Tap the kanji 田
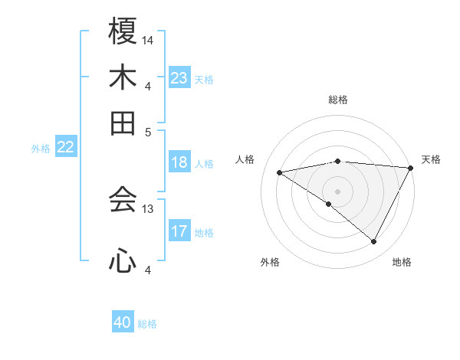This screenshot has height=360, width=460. point(123,123)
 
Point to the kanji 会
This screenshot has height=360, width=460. point(123,200)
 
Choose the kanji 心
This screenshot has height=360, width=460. point(123,261)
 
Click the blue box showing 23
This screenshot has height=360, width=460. point(179,77)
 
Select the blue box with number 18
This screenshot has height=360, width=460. point(179,162)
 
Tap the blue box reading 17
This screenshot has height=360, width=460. point(179,231)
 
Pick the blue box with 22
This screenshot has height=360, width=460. point(65,147)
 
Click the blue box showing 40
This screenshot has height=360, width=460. point(123,322)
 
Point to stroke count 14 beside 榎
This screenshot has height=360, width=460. point(149,39)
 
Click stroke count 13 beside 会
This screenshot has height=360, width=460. point(149,208)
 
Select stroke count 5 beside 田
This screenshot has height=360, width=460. point(149,131)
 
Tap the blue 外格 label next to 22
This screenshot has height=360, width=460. point(40,149)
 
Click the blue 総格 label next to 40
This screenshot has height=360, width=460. point(147,324)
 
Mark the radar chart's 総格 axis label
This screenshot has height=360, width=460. point(337,100)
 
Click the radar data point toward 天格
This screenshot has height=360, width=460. point(410,168)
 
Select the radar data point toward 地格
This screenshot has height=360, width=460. point(374,242)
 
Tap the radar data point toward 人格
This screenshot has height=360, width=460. point(280,172)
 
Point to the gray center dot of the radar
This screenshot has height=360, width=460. point(337,191)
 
